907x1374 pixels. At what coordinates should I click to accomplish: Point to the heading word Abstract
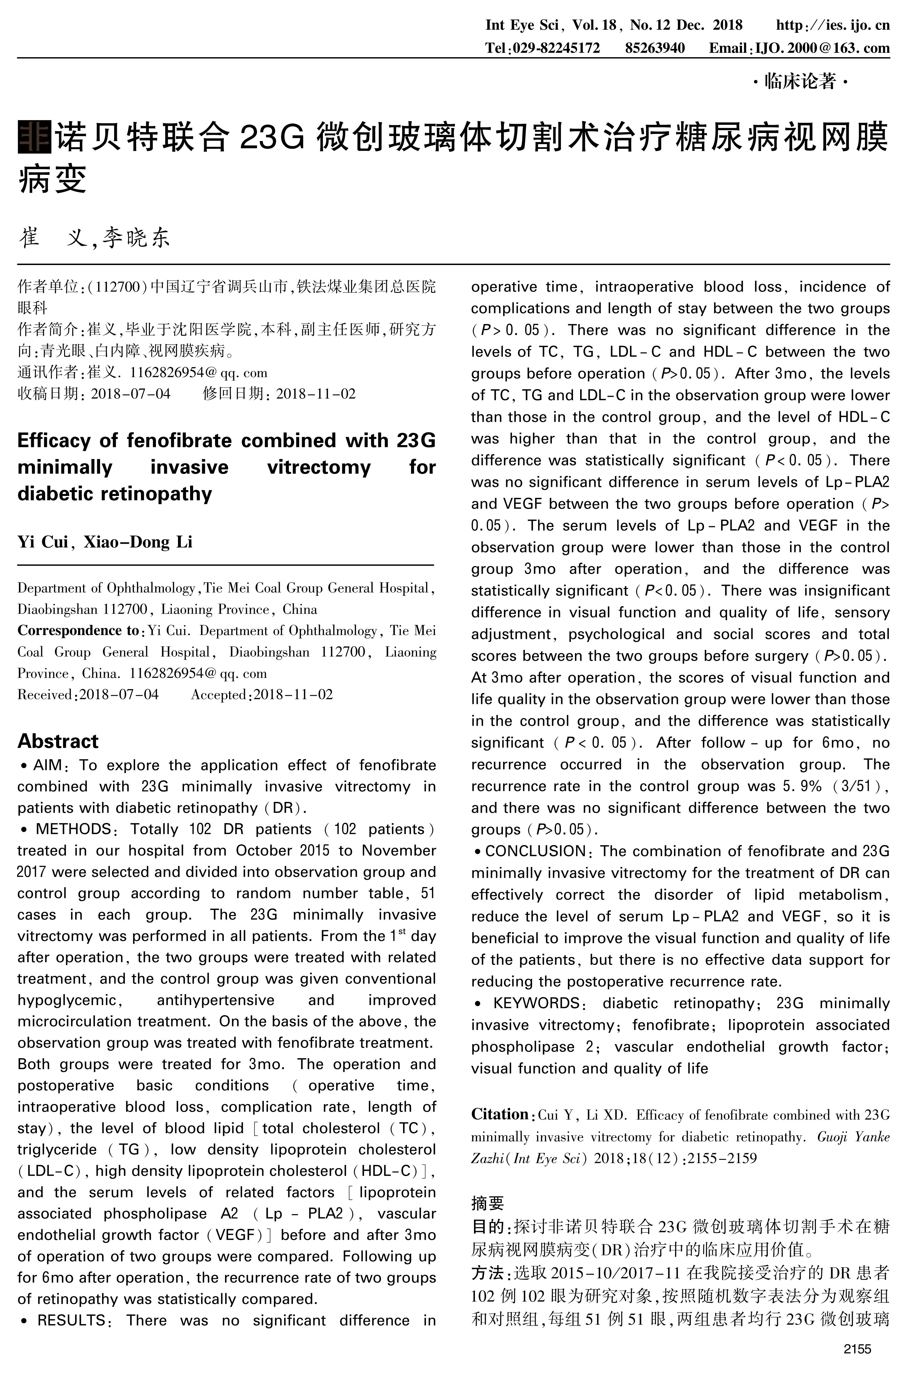(58, 741)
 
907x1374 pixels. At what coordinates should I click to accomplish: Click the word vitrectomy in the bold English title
(319, 467)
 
